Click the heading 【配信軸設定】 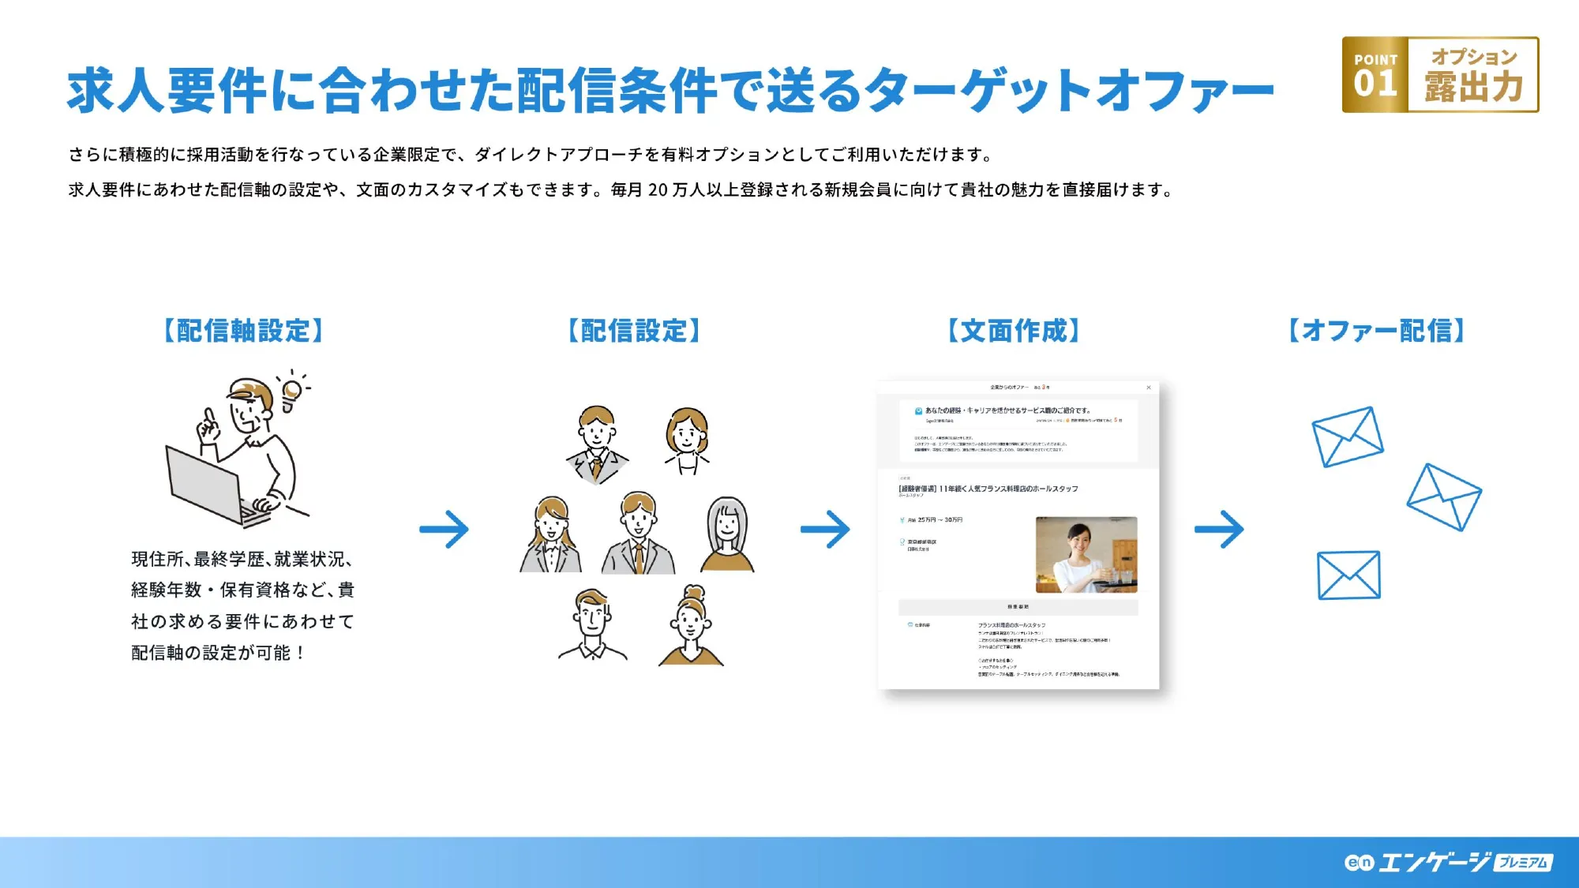pyautogui.click(x=243, y=331)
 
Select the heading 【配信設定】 pyautogui.click(x=634, y=331)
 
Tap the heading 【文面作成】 pyautogui.click(x=1014, y=331)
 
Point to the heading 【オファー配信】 pyautogui.click(x=1377, y=331)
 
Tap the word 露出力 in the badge pyautogui.click(x=1473, y=87)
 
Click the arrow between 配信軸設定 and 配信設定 pyautogui.click(x=444, y=529)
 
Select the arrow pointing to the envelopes pyautogui.click(x=1220, y=529)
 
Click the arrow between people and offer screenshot pyautogui.click(x=826, y=529)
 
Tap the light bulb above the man pyautogui.click(x=292, y=392)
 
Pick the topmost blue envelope pyautogui.click(x=1347, y=437)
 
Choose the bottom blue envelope pyautogui.click(x=1348, y=575)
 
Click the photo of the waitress pyautogui.click(x=1086, y=554)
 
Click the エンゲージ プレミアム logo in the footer pyautogui.click(x=1449, y=862)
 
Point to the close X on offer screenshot pyautogui.click(x=1149, y=388)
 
